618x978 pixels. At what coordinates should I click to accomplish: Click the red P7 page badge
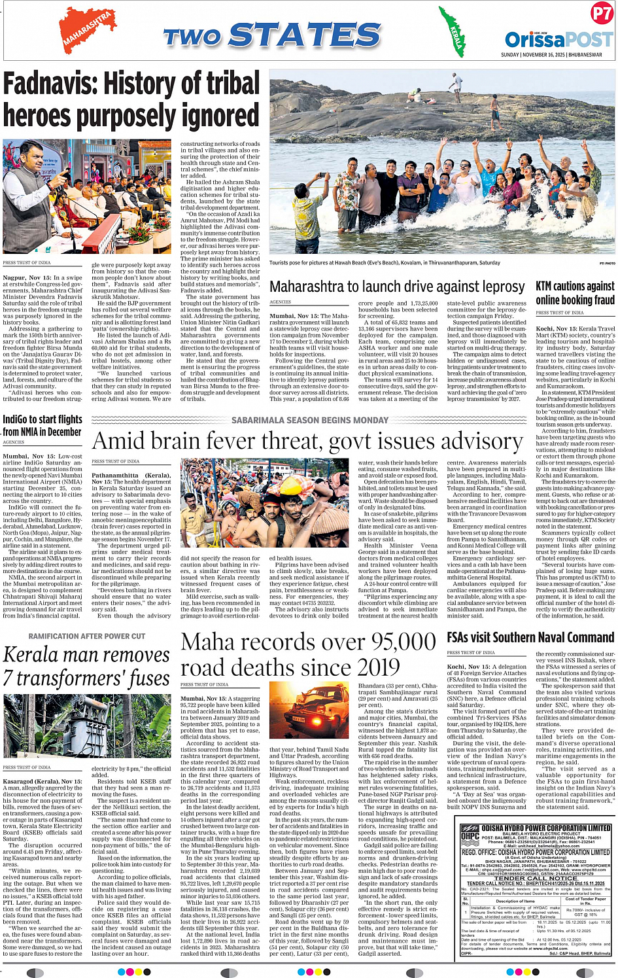601,13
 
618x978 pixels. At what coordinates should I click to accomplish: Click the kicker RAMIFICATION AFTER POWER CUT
87,636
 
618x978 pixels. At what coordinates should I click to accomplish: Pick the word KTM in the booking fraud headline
543,286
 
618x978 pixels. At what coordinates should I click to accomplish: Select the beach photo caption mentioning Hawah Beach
385,263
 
